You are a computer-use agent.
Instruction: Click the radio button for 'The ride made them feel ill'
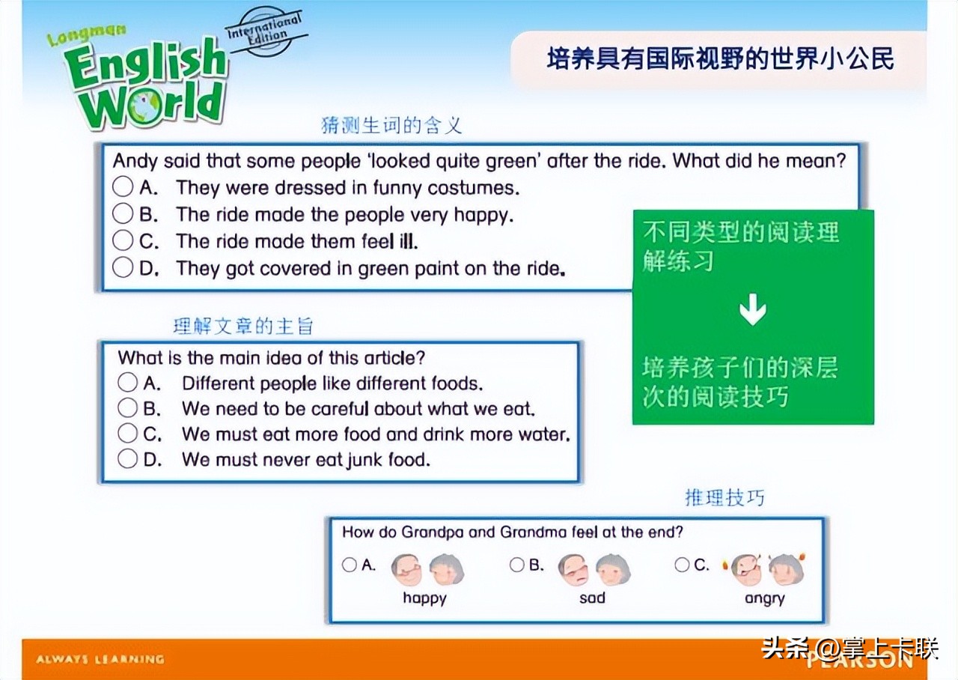[x=123, y=240]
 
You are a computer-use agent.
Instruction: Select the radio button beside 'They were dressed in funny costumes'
[x=123, y=186]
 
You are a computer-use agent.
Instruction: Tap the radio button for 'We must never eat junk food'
[x=127, y=459]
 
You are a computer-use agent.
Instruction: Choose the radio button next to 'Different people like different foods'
[x=127, y=382]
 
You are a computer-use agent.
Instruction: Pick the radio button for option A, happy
[x=350, y=565]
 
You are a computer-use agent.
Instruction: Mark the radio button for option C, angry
[x=682, y=565]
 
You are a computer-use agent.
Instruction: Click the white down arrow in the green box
[x=753, y=309]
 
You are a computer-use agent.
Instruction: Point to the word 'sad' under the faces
[x=592, y=598]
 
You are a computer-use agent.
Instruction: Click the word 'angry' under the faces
[x=765, y=598]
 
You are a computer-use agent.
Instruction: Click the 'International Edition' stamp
[x=266, y=31]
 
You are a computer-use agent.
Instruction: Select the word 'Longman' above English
[x=87, y=35]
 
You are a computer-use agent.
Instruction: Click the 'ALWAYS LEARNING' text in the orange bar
[x=100, y=660]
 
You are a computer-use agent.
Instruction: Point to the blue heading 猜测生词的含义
[x=391, y=125]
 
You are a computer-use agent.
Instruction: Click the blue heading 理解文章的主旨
[x=243, y=326]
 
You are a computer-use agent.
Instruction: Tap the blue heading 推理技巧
[x=724, y=498]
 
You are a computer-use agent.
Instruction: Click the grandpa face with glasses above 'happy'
[x=406, y=569]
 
